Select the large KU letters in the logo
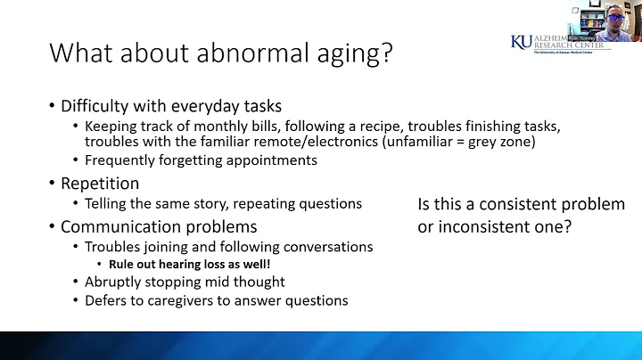coord(522,42)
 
